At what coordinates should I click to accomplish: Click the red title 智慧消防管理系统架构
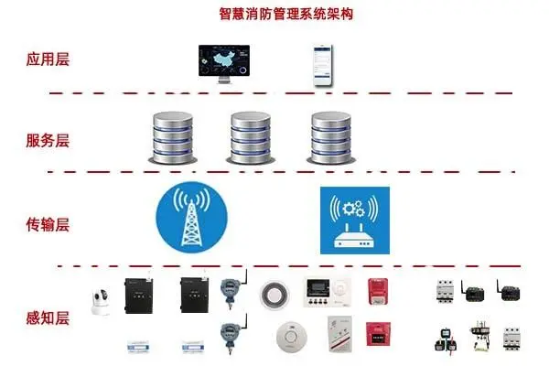285,14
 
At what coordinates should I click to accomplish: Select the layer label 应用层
48,59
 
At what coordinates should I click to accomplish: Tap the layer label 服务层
48,140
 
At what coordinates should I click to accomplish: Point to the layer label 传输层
48,224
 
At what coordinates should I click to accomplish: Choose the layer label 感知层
48,318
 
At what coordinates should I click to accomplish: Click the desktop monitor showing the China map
224,64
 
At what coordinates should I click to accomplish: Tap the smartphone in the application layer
322,65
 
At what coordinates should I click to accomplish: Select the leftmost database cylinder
173,138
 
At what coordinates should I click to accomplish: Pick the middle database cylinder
251,138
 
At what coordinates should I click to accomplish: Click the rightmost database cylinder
331,138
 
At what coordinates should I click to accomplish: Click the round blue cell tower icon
191,217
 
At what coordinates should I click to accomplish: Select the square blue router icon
355,221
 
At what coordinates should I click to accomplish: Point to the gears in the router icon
353,209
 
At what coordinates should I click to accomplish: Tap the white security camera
101,302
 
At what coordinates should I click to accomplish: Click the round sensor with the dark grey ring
274,295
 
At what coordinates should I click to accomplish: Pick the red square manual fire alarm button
378,334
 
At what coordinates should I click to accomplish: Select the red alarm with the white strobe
378,291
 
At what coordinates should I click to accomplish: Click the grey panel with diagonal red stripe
339,334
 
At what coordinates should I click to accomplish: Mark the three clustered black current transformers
446,339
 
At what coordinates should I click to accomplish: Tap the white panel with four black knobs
327,293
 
